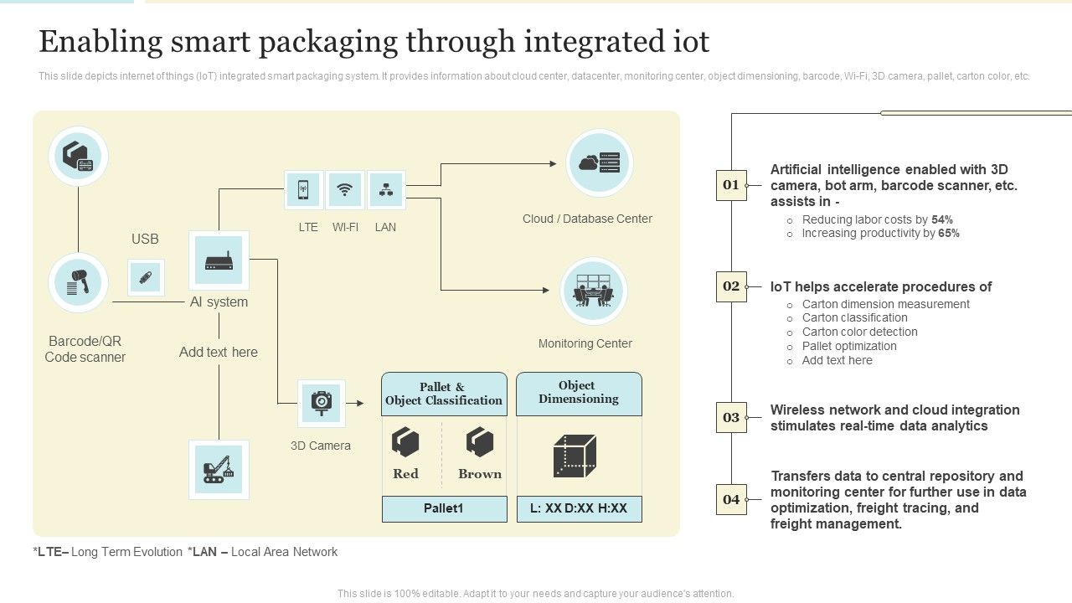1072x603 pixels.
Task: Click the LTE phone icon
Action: pos(303,190)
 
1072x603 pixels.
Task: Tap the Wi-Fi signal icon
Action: pos(344,190)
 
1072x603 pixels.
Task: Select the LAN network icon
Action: pos(386,190)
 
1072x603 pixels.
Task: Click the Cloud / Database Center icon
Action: pos(599,163)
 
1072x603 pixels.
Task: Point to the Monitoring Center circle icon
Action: pos(593,291)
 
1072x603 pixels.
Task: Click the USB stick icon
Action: pos(146,277)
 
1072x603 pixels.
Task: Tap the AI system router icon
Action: pos(219,260)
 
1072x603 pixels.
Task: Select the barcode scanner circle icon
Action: pos(78,283)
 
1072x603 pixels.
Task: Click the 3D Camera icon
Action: pos(322,403)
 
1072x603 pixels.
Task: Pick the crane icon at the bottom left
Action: pos(219,470)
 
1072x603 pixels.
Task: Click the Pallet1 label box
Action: pos(444,508)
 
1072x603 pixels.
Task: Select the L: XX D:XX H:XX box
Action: pos(579,508)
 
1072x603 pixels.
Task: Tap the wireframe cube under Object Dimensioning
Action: pos(575,456)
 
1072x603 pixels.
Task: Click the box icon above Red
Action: pos(405,441)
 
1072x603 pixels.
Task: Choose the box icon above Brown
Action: pos(480,441)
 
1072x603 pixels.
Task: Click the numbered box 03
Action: pos(731,417)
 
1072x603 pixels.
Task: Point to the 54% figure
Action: pos(941,219)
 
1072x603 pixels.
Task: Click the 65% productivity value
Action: pos(948,234)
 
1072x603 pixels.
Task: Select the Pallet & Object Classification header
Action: pos(444,394)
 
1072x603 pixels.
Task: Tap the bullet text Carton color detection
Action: pos(859,332)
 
